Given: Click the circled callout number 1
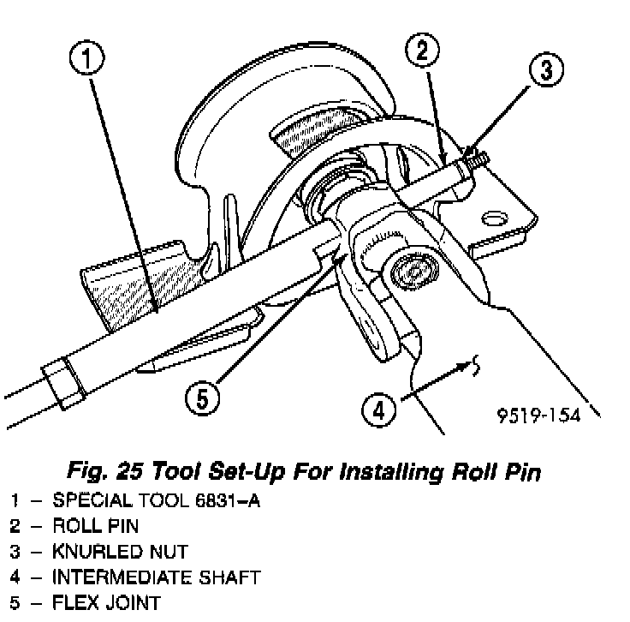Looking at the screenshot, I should (x=88, y=59).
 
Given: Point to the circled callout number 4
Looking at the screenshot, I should (x=378, y=410).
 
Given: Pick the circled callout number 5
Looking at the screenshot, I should (x=202, y=399).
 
